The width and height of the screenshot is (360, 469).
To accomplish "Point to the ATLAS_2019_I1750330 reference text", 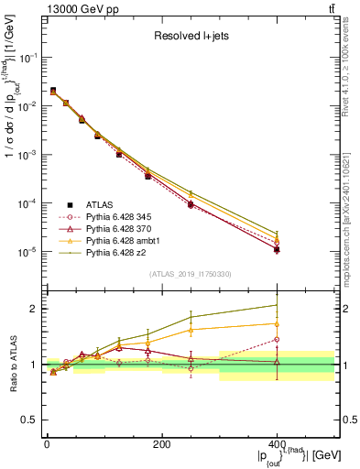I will tap(190, 273).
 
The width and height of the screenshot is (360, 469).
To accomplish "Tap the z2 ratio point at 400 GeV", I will tap(277, 305).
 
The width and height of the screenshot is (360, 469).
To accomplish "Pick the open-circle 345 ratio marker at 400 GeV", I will tap(277, 340).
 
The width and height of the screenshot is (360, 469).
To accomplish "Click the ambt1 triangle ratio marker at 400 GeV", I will tap(277, 323).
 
